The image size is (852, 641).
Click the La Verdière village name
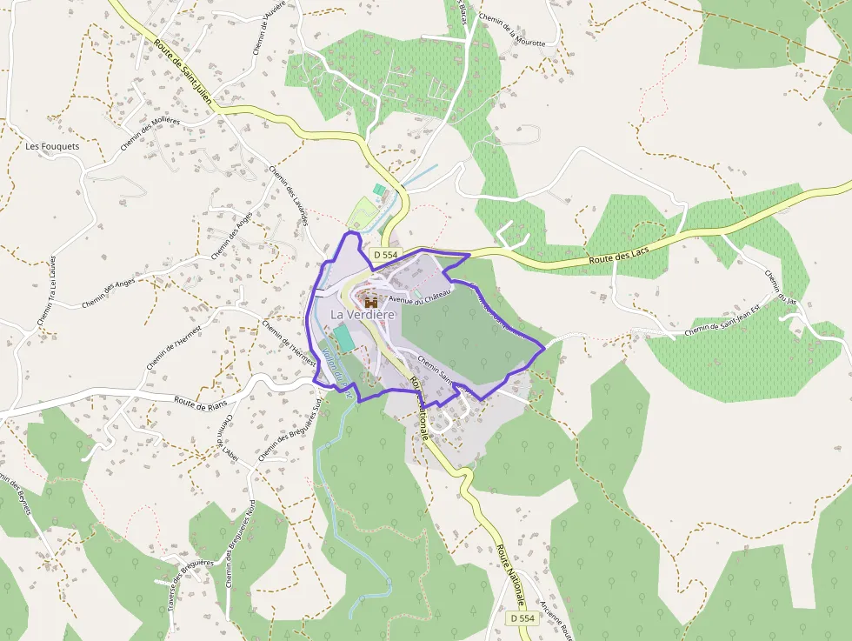[x=363, y=314]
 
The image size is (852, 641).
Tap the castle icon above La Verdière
[x=371, y=302]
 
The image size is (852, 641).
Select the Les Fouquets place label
[x=52, y=146]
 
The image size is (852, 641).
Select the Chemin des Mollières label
[x=150, y=133]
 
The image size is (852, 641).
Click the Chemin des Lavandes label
[x=290, y=196]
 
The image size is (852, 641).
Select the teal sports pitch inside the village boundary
[x=343, y=337]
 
